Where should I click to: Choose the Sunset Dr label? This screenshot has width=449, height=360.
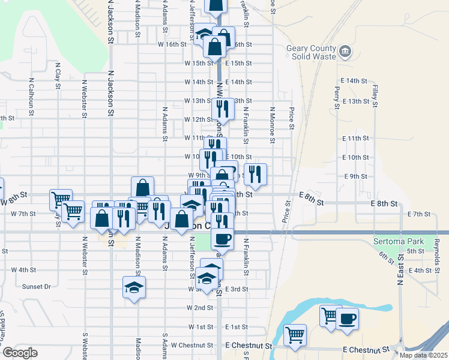(x=37, y=287)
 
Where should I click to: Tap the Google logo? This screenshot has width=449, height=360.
(x=20, y=353)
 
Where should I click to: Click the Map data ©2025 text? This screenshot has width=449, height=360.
(x=423, y=355)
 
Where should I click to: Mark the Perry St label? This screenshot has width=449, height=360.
(x=337, y=93)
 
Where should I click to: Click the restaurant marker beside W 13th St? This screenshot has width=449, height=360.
(x=222, y=109)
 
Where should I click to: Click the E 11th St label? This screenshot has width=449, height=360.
(x=355, y=139)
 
